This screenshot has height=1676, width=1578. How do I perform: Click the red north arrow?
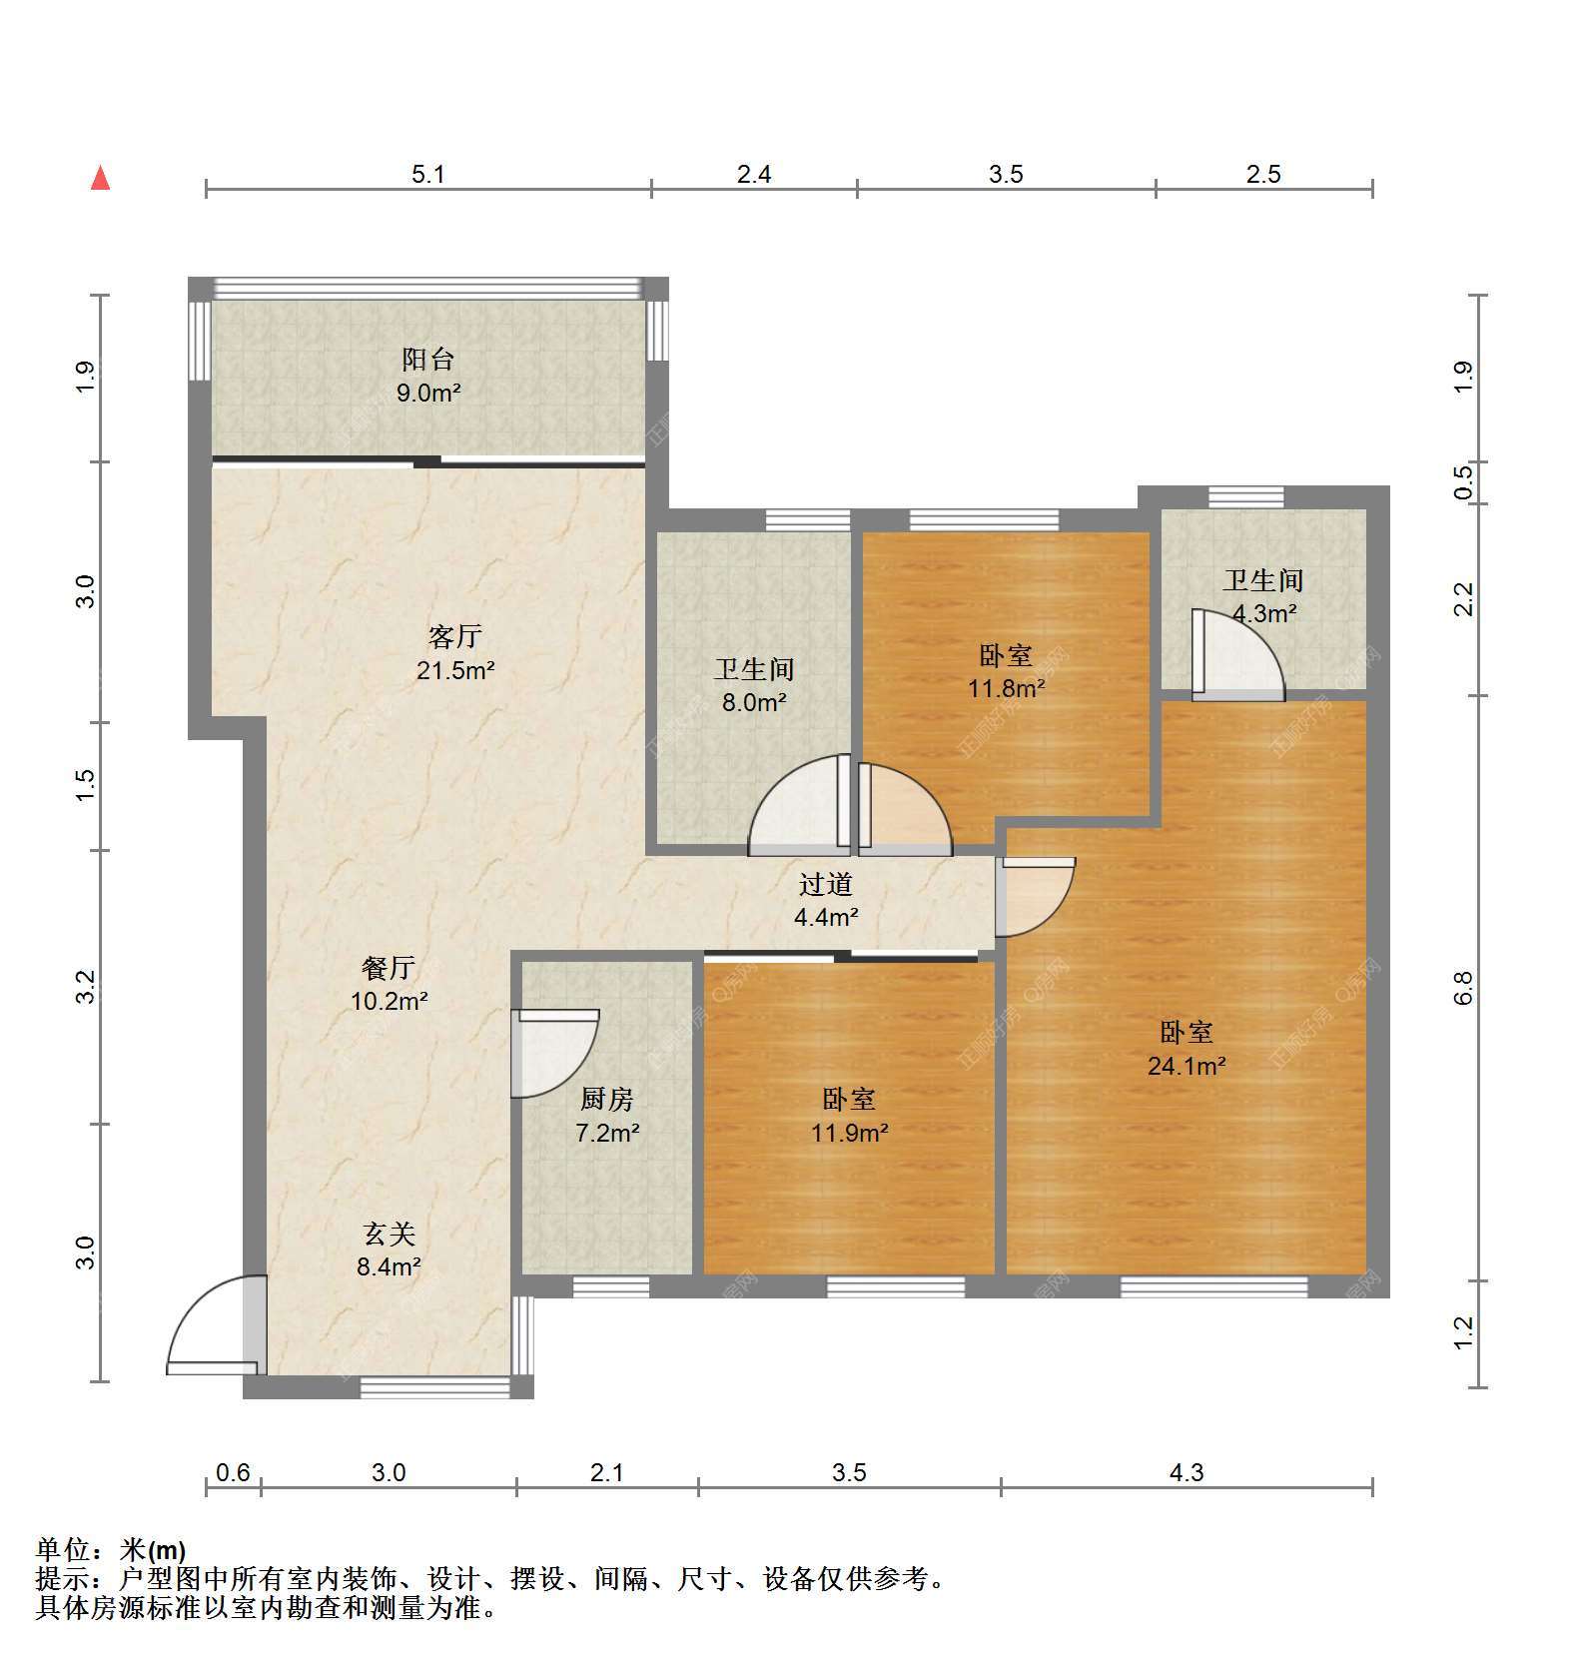[x=100, y=178]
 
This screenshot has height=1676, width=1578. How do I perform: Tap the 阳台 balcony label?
[x=428, y=360]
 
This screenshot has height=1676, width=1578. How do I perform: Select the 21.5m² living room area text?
[x=455, y=670]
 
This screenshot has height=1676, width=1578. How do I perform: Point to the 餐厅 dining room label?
[x=389, y=967]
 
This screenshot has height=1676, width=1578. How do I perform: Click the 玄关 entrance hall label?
[x=389, y=1235]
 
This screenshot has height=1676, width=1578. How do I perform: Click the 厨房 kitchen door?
[x=554, y=1054]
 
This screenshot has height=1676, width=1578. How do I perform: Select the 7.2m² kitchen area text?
[x=607, y=1133]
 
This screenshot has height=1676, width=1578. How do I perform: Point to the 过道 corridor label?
[x=826, y=884]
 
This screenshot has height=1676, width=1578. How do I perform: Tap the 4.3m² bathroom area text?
[x=1264, y=613]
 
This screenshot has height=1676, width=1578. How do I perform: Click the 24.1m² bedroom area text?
[x=1186, y=1066]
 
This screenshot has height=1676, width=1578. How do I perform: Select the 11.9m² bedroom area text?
[x=850, y=1133]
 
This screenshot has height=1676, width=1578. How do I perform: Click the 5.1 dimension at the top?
[x=428, y=174]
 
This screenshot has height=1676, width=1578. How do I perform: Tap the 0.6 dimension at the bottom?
[x=233, y=1472]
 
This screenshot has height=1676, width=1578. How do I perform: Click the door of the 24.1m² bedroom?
[x=1035, y=897]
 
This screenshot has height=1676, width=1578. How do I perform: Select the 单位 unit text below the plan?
[x=63, y=1549]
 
